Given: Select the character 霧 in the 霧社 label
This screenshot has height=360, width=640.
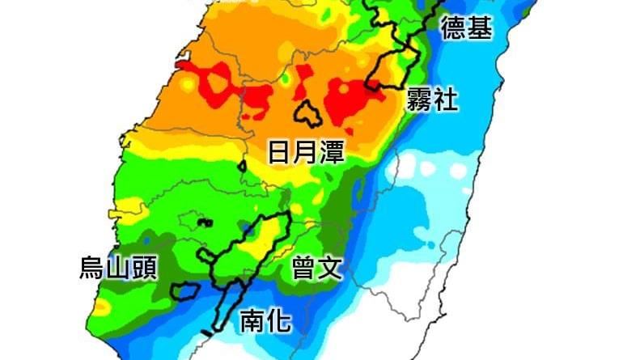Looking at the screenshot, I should click(421, 100).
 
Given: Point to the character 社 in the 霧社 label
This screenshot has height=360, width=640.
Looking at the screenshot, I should click(446, 100).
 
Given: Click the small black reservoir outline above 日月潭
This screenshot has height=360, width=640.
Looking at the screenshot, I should click(307, 113).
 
